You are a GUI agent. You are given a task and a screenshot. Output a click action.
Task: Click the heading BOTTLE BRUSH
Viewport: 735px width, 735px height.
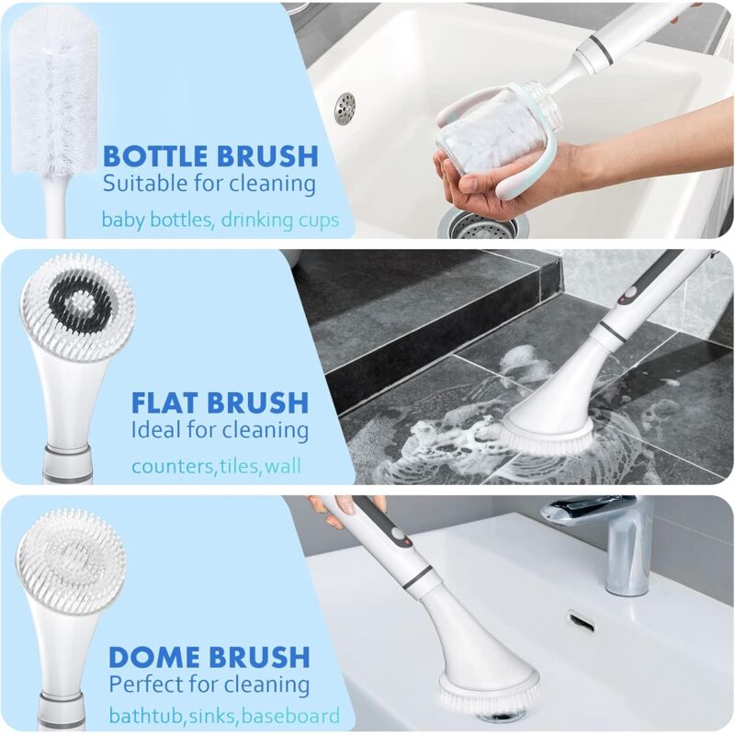pos(210,156)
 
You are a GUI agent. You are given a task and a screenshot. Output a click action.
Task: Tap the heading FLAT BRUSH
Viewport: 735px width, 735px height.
pos(220,402)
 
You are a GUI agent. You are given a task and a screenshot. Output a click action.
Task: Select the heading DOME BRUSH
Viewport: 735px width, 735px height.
pos(209,657)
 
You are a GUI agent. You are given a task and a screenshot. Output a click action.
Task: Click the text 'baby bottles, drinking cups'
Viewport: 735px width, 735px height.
pos(220,220)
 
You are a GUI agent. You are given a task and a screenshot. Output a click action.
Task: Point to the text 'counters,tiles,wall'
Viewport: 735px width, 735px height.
pos(216,467)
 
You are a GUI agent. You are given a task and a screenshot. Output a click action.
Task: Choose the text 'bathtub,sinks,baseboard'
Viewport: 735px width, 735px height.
pos(224,717)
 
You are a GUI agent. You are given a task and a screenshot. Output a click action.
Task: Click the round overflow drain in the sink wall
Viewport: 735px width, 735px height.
pos(345,108)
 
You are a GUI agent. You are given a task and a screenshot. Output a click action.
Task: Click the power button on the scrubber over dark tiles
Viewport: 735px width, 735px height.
pos(628,293)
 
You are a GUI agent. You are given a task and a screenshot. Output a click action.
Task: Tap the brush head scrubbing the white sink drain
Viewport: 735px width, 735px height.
pos(488,692)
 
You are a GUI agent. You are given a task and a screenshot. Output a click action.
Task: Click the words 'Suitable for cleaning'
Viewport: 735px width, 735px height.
pos(209,183)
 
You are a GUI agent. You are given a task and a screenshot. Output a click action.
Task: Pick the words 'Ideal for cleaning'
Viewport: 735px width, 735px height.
pos(220,430)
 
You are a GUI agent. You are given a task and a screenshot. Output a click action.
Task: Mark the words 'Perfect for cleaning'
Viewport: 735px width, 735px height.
pos(209,684)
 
